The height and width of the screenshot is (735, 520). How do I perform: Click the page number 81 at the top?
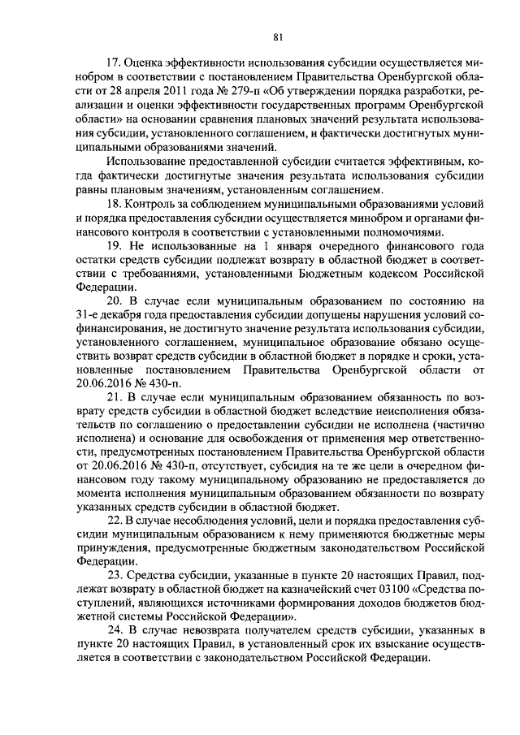[x=278, y=37]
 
